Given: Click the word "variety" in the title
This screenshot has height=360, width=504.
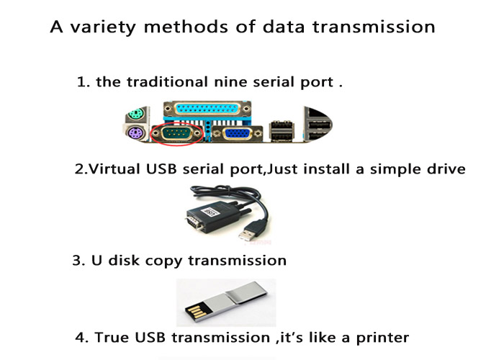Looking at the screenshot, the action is pyautogui.click(x=102, y=27).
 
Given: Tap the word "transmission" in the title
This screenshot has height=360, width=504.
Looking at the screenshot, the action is pyautogui.click(x=374, y=27).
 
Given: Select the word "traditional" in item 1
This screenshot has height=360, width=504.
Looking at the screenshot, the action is pyautogui.click(x=167, y=82).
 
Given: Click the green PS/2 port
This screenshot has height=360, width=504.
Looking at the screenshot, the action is pyautogui.click(x=136, y=114).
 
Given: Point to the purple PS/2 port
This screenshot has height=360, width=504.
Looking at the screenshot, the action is pyautogui.click(x=135, y=133).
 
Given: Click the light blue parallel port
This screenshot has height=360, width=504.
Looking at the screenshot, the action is pyautogui.click(x=207, y=109).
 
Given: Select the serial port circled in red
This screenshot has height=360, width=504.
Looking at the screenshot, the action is pyautogui.click(x=177, y=133).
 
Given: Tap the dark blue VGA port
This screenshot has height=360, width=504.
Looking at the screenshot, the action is pyautogui.click(x=237, y=133).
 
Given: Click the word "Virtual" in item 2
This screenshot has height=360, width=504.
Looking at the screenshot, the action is pyautogui.click(x=114, y=169).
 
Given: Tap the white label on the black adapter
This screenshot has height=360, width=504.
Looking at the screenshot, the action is pyautogui.click(x=210, y=212).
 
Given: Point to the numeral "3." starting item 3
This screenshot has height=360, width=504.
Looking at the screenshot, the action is pyautogui.click(x=78, y=261).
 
